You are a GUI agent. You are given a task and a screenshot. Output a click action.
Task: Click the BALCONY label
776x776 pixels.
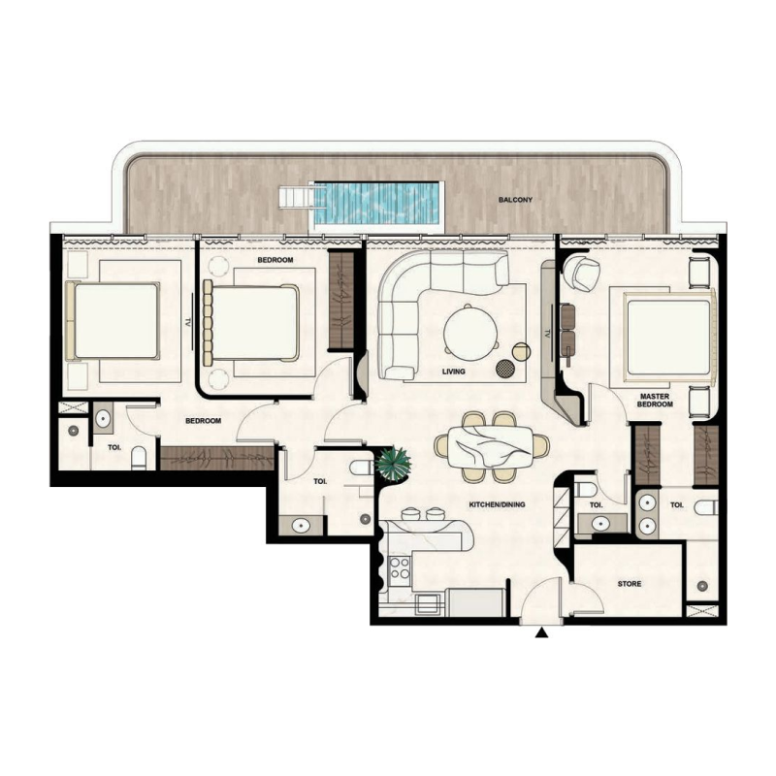pyautogui.click(x=514, y=201)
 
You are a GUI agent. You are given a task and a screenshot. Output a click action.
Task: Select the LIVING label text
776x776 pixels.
pyautogui.click(x=453, y=372)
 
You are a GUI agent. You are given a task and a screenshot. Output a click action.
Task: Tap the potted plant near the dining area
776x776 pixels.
pyautogui.click(x=393, y=463)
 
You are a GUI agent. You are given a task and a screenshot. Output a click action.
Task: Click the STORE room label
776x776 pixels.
pyautogui.click(x=631, y=584)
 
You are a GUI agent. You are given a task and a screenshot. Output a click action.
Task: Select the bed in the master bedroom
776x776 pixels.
pyautogui.click(x=669, y=336)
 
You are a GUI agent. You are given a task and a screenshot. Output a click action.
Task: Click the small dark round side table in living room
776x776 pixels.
pyautogui.click(x=505, y=368)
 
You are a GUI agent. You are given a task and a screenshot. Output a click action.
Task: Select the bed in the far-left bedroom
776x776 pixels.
pyautogui.click(x=113, y=320)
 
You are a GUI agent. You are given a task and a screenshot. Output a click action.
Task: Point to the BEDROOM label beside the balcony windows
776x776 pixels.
pyautogui.click(x=275, y=261)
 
